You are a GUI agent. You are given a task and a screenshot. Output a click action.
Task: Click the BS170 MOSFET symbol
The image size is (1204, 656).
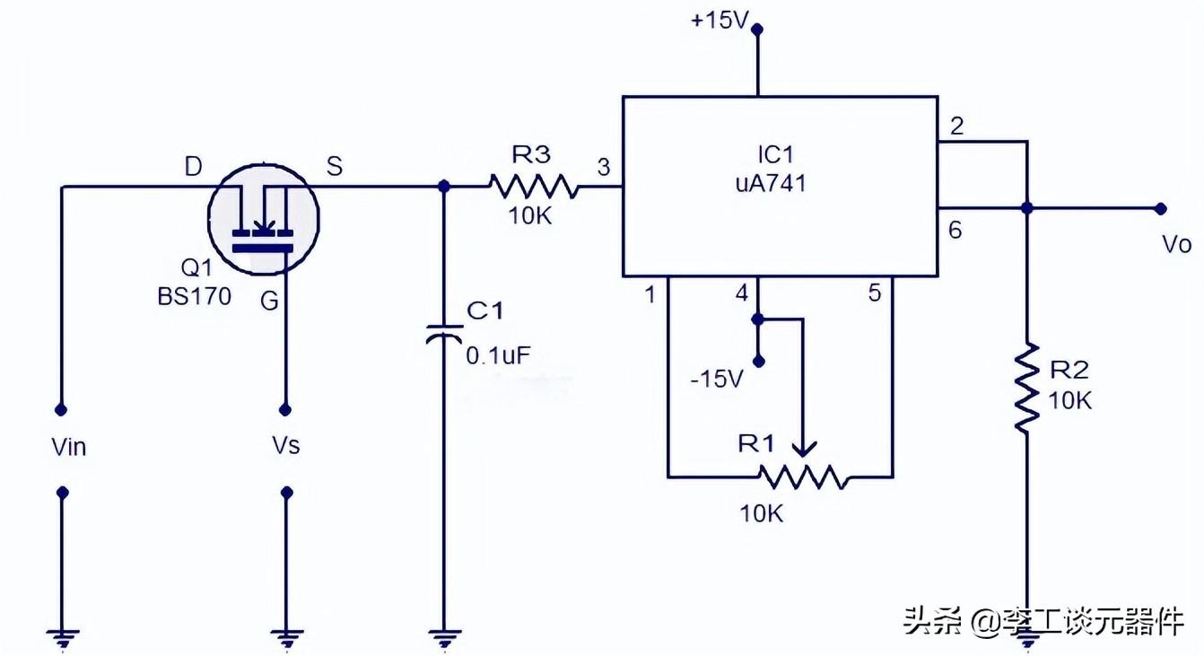tap(263, 219)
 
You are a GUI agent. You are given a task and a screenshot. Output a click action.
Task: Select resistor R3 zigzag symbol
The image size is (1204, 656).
tap(534, 187)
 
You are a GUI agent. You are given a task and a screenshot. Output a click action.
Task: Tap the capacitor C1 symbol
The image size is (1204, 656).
tap(443, 333)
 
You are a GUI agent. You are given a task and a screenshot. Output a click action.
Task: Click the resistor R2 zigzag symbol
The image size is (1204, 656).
tap(1027, 388)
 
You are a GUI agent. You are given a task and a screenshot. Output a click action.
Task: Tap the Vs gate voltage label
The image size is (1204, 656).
tap(285, 445)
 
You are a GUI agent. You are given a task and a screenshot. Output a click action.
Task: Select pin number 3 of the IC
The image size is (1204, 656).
tap(603, 167)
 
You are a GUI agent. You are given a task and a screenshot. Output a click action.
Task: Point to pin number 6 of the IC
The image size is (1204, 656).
tap(955, 231)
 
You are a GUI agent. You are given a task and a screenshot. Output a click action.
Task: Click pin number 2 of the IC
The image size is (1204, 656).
tap(956, 127)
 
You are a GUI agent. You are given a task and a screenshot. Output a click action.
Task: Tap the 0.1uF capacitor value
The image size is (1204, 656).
tap(498, 354)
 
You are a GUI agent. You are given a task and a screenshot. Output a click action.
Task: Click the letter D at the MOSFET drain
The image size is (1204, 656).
tap(193, 166)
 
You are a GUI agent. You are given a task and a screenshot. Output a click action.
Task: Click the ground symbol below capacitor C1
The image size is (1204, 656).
tap(443, 638)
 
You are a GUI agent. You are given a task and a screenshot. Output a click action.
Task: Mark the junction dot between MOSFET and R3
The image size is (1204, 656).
tap(443, 187)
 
